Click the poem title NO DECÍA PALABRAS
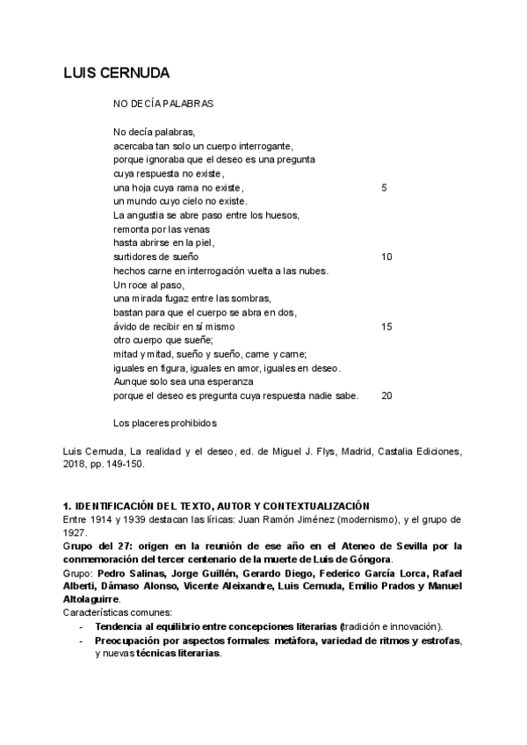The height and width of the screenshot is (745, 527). click(x=163, y=104)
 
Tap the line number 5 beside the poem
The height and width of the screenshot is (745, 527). click(x=384, y=188)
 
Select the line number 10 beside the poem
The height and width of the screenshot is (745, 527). click(x=386, y=257)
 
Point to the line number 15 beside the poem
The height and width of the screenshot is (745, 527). click(x=386, y=326)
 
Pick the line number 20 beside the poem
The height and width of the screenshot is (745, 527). click(x=386, y=395)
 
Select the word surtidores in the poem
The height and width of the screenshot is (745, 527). click(x=136, y=257)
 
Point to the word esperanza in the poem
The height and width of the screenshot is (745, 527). click(x=229, y=382)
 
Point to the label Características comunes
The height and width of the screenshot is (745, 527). click(x=117, y=612)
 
